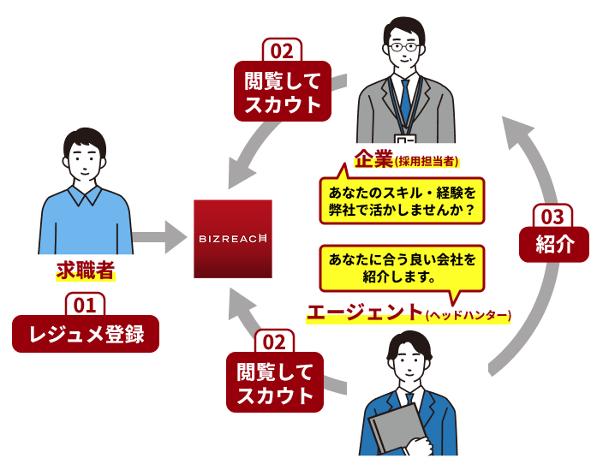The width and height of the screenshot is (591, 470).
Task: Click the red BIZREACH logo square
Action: tap(233, 238)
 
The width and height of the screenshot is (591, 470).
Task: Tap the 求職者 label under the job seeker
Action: tap(86, 271)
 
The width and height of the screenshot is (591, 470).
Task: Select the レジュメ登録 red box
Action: tap(86, 334)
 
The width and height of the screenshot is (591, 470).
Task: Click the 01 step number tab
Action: tap(85, 304)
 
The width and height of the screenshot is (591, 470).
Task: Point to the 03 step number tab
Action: tap(553, 216)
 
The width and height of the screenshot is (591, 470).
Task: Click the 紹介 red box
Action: tap(554, 244)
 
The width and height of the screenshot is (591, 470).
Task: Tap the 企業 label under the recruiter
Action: tap(372, 159)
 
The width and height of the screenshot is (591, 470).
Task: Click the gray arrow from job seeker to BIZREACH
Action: tap(160, 235)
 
